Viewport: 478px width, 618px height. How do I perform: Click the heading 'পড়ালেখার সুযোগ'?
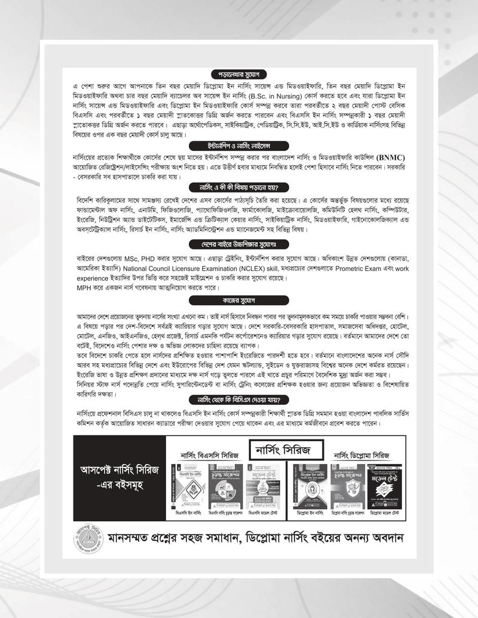(238, 73)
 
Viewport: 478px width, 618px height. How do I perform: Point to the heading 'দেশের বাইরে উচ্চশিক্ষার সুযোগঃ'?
(238, 245)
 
